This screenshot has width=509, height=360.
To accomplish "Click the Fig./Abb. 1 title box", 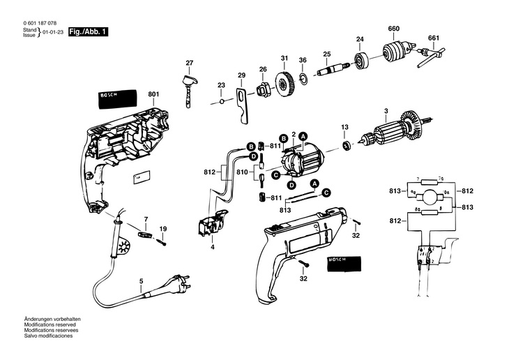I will (87, 32).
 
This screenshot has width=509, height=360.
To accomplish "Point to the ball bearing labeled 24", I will (361, 62).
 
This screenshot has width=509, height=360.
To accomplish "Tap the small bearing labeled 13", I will (344, 145).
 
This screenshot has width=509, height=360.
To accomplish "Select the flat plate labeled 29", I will (242, 102).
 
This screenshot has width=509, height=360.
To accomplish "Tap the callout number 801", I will (153, 95).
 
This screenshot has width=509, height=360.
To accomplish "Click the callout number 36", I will (303, 60).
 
